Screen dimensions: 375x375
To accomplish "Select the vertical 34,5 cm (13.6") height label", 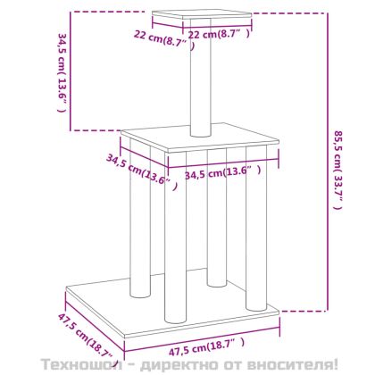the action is [62, 72].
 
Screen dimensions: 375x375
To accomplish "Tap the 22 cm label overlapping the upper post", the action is [220, 34].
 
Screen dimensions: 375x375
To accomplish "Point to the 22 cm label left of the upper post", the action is [164, 39].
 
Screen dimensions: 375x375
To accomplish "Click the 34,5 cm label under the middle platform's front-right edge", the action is [223, 172].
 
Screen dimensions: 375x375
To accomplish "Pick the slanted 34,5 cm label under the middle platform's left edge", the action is [142, 172].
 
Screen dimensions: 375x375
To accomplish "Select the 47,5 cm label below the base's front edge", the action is [206, 347].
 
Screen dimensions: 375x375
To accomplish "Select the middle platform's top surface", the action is [200, 137].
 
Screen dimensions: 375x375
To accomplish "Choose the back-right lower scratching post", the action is [217, 217].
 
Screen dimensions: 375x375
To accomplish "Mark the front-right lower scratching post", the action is [256, 228].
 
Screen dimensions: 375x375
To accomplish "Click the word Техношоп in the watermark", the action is [81, 364].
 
